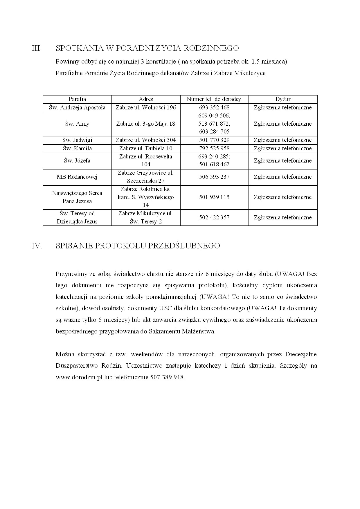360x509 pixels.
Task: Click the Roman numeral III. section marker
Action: click(x=36, y=48)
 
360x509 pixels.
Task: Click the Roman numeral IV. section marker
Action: click(x=37, y=246)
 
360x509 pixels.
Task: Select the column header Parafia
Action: click(x=77, y=99)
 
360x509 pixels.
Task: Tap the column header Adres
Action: click(x=146, y=99)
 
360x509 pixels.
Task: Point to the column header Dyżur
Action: click(x=283, y=99)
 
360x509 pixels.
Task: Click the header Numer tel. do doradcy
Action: click(x=214, y=99)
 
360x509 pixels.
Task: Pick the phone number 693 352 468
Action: click(x=214, y=107)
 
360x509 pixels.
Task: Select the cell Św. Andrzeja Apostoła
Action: click(x=77, y=107)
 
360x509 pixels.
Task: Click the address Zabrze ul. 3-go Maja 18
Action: click(x=146, y=124)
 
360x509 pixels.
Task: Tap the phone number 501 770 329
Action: click(x=214, y=140)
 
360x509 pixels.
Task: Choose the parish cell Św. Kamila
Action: click(x=77, y=148)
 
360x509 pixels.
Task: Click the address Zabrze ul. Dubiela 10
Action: click(x=146, y=148)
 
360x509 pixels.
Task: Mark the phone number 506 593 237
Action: click(x=214, y=177)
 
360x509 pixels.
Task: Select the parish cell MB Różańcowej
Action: click(x=77, y=177)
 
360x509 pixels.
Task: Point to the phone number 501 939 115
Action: click(x=214, y=197)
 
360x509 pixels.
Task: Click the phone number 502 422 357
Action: click(x=214, y=217)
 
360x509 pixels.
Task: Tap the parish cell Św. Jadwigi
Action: click(x=77, y=140)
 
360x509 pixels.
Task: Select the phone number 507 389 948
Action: click(x=167, y=378)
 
